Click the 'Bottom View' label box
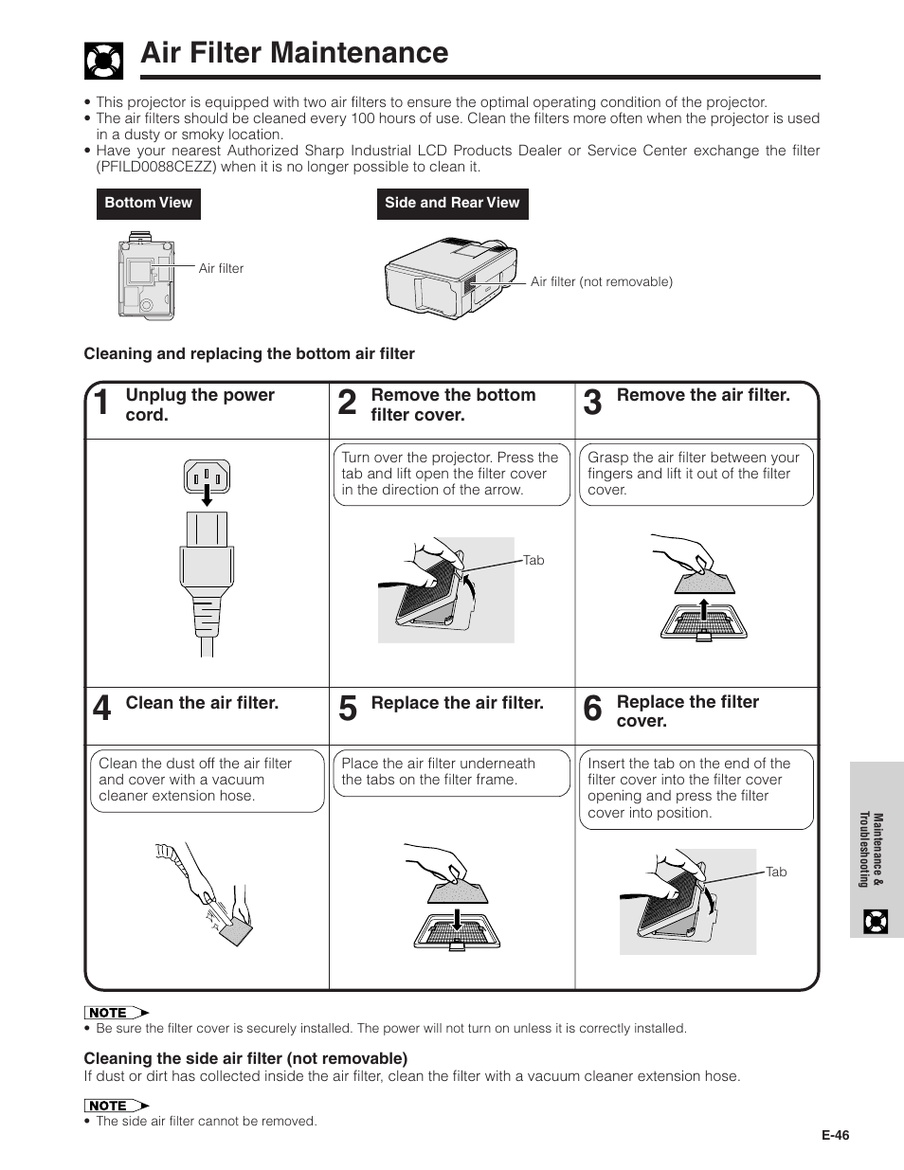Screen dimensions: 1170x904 [x=148, y=203]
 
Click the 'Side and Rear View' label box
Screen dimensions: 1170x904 [x=452, y=203]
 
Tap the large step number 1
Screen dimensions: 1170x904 [x=101, y=404]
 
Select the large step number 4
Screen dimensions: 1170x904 [x=101, y=709]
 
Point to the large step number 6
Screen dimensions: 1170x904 [x=592, y=709]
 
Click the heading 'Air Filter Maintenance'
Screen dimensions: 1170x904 [x=294, y=53]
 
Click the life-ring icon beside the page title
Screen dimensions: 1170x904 [x=104, y=60]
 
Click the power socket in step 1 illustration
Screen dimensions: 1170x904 [x=208, y=477]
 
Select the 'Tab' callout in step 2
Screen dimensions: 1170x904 [x=533, y=560]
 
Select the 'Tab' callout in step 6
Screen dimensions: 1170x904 [x=776, y=872]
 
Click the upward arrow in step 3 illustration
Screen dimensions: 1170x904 [x=704, y=611]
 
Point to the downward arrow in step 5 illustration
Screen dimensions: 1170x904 [x=457, y=919]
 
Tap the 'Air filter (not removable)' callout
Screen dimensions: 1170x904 [x=602, y=281]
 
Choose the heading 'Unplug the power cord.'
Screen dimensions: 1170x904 [x=200, y=405]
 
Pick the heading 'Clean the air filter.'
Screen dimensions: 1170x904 [x=202, y=703]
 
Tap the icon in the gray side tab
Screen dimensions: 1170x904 [x=877, y=920]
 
